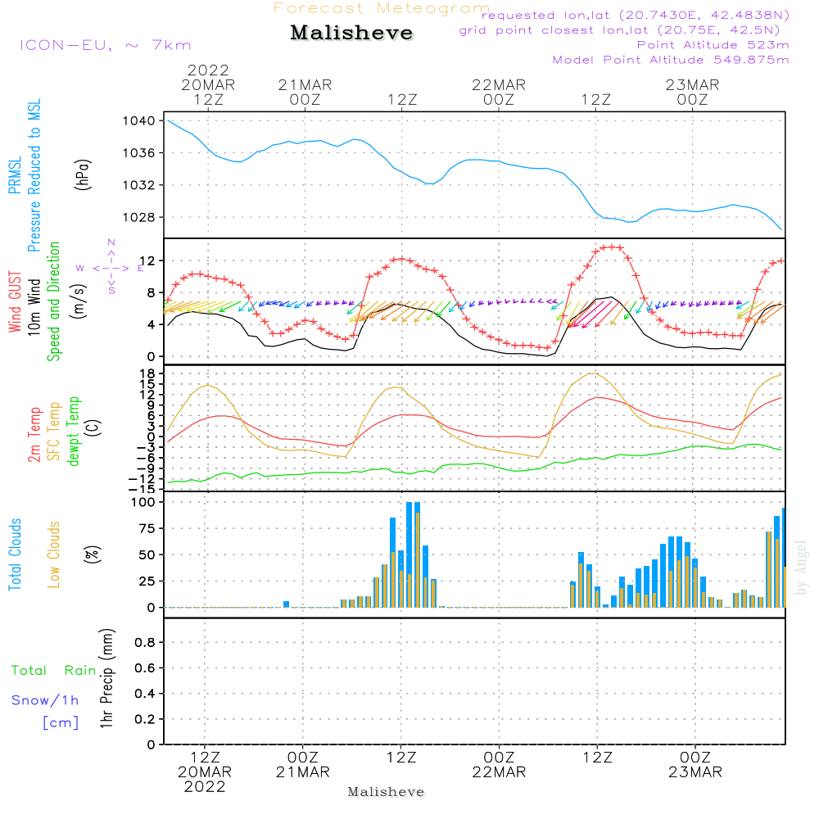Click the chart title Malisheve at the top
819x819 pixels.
tap(352, 34)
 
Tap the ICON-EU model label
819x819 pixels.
tap(105, 45)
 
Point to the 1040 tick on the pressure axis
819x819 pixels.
tap(139, 121)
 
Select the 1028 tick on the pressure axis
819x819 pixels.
tap(139, 217)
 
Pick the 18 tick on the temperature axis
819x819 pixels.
tap(148, 373)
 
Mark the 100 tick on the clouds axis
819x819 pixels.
tap(143, 502)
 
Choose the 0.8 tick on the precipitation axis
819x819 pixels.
tap(144, 643)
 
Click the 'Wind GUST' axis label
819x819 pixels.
tap(16, 304)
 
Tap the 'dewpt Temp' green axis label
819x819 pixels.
tap(73, 432)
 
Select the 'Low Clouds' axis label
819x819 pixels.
tap(54, 554)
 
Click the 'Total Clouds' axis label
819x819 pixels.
tap(16, 554)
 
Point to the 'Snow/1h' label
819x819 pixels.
tap(45, 701)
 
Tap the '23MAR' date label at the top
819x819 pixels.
tap(692, 85)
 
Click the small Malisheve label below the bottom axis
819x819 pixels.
tap(387, 792)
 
